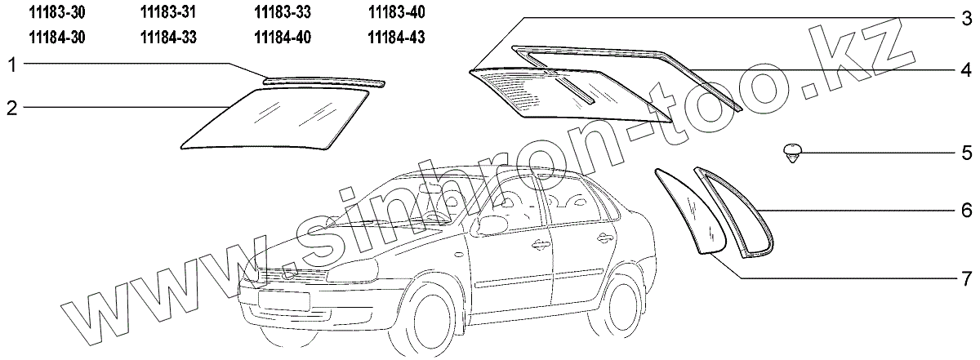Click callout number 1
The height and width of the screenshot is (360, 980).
11,64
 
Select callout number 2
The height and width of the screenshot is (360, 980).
11,108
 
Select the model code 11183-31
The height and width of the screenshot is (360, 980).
169,13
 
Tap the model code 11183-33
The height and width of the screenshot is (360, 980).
283,13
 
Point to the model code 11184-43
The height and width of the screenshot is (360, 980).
396,37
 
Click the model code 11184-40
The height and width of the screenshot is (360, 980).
283,37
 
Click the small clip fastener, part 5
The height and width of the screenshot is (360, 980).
791,152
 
